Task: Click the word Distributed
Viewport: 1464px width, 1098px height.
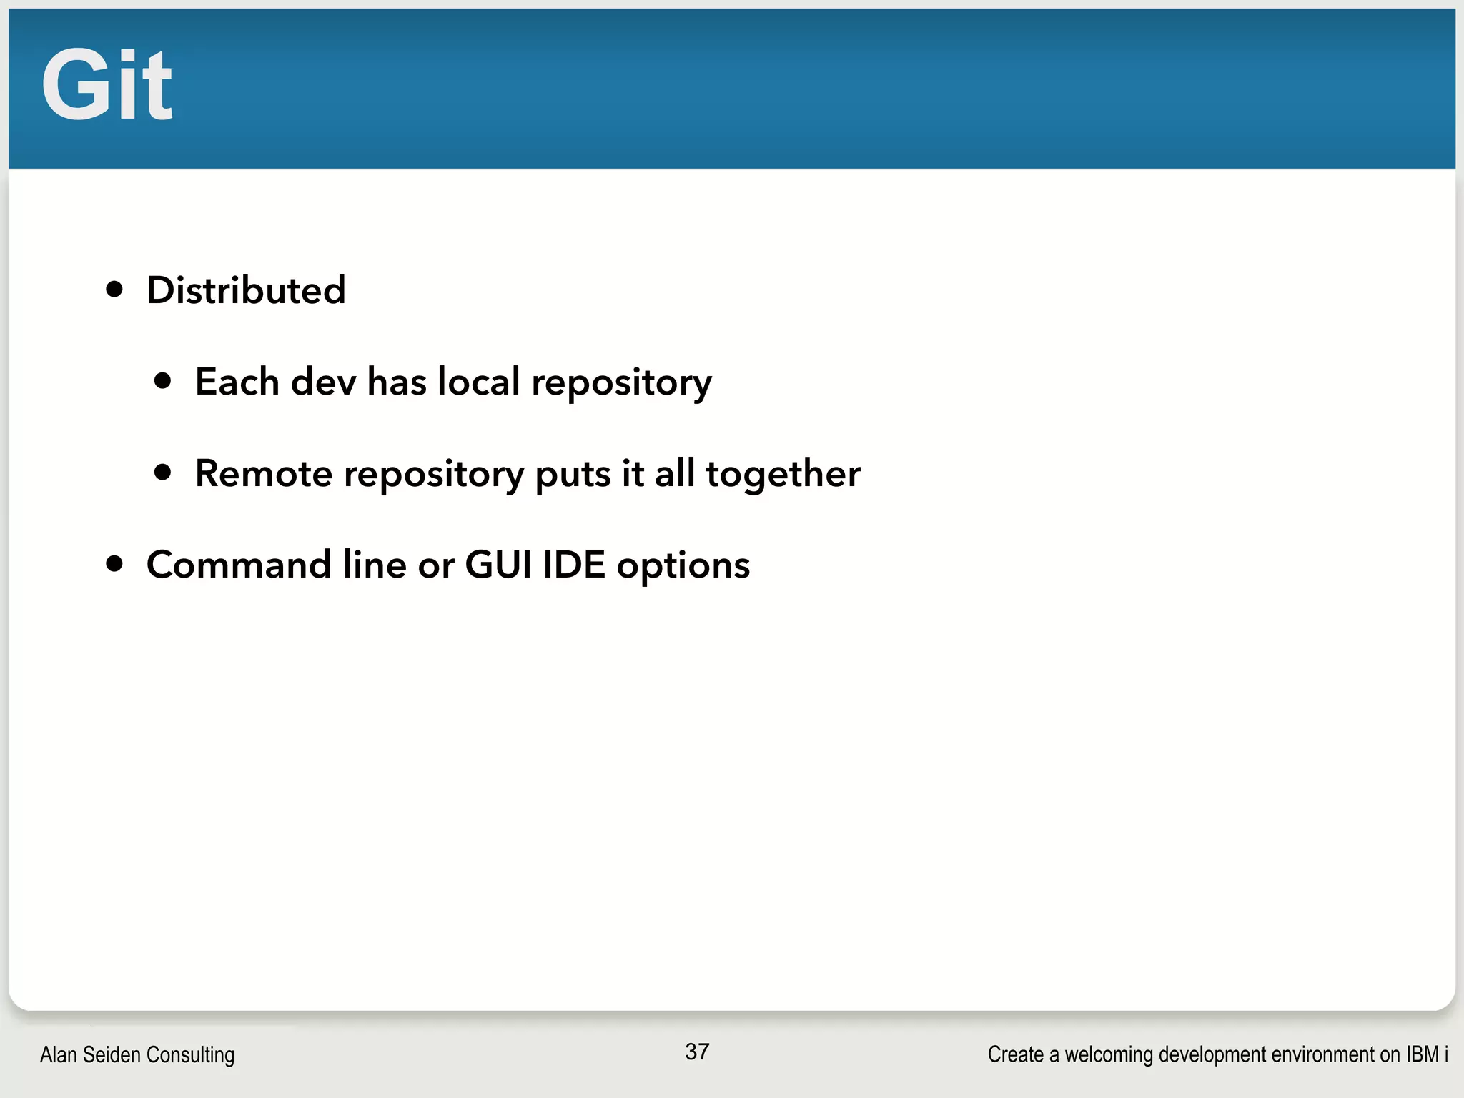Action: click(246, 290)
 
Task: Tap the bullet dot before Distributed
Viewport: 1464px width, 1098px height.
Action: click(114, 290)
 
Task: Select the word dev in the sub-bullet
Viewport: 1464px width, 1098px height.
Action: click(323, 381)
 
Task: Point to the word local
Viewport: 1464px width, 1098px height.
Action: click(478, 381)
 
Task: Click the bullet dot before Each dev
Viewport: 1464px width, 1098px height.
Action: click(163, 380)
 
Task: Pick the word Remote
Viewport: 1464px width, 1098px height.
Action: click(264, 473)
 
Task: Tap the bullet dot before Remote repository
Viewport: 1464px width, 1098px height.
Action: click(163, 472)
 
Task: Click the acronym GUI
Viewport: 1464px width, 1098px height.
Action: click(498, 565)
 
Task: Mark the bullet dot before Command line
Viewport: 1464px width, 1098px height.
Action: click(114, 564)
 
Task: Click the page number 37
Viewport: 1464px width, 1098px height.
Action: click(697, 1052)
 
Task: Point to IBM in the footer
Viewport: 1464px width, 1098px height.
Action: click(1422, 1054)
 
